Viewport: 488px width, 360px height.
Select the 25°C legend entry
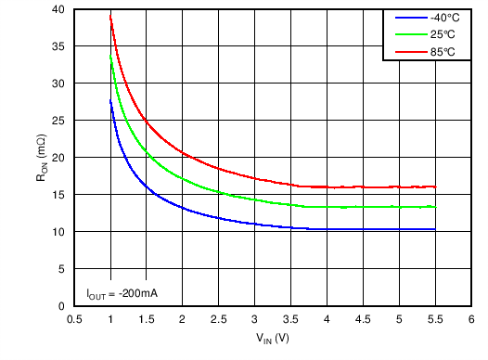pyautogui.click(x=441, y=34)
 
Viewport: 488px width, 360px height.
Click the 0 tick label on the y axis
pyautogui.click(x=63, y=306)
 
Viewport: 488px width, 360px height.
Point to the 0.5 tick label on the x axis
pyautogui.click(x=75, y=319)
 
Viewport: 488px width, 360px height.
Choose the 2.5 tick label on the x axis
pyautogui.click(x=219, y=319)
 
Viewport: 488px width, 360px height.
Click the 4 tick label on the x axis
pyautogui.click(x=327, y=319)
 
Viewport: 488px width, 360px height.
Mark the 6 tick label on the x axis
pyautogui.click(x=470, y=319)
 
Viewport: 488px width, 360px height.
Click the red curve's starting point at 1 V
pyautogui.click(x=110, y=16)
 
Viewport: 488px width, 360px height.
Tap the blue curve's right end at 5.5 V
pyautogui.click(x=434, y=229)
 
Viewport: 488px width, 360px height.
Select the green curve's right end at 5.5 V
pyautogui.click(x=434, y=207)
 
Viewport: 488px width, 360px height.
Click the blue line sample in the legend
pyautogui.click(x=405, y=18)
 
